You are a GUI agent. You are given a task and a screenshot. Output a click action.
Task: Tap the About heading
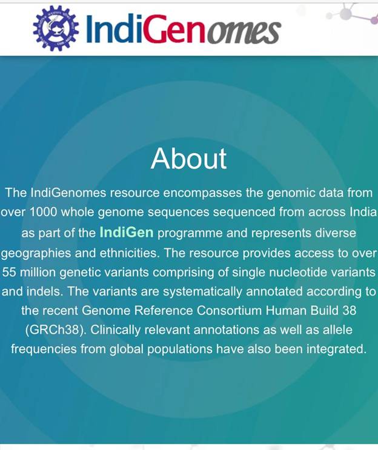click(189, 159)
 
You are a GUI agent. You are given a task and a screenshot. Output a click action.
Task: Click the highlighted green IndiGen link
click(127, 232)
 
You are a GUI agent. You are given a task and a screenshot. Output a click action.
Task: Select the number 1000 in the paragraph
click(44, 212)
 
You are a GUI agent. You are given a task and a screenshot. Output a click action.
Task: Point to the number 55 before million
click(9, 272)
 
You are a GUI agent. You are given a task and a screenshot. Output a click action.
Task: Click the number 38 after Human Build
click(350, 311)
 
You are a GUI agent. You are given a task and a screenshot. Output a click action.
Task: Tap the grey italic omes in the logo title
click(244, 32)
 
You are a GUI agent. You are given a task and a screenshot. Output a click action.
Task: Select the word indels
click(45, 291)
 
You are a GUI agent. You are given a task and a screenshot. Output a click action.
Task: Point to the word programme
click(190, 233)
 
